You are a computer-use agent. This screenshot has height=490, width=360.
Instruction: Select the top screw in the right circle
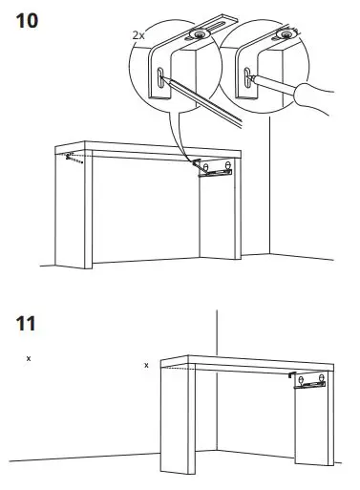(284, 34)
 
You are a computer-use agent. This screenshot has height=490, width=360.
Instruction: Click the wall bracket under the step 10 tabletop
(215, 169)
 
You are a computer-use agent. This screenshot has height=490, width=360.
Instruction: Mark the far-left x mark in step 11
(29, 358)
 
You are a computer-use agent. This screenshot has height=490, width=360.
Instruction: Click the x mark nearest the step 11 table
(145, 365)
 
